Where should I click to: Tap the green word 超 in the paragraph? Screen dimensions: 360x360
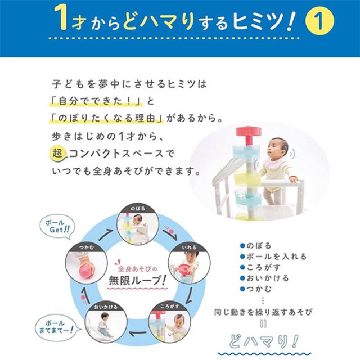(56, 152)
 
